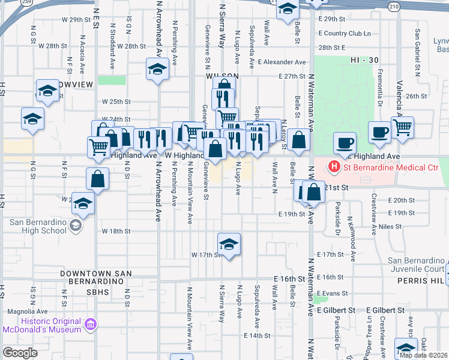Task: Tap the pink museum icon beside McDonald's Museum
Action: pos(91,325)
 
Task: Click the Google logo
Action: pos(20,353)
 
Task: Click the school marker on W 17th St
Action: pos(229,245)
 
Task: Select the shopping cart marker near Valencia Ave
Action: pos(402,127)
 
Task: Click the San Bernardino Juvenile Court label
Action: pos(416,265)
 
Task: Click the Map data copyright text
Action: pos(423,355)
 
